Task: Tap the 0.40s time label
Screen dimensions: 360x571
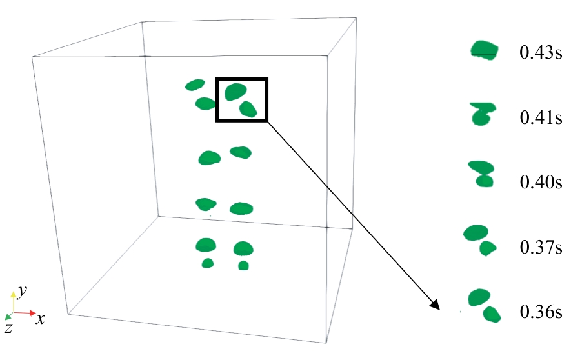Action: [541, 182]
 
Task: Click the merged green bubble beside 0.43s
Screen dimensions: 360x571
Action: [485, 50]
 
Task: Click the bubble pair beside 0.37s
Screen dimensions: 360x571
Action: [479, 238]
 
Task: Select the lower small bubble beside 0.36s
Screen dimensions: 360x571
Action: [492, 315]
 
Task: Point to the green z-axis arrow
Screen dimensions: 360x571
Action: [8, 316]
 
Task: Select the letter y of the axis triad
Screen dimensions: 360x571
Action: [23, 292]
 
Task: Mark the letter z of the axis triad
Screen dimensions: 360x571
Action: [7, 328]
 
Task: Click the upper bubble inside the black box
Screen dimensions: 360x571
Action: [235, 92]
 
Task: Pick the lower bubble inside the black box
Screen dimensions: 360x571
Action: [248, 109]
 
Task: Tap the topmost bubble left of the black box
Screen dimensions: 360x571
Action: [194, 85]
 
